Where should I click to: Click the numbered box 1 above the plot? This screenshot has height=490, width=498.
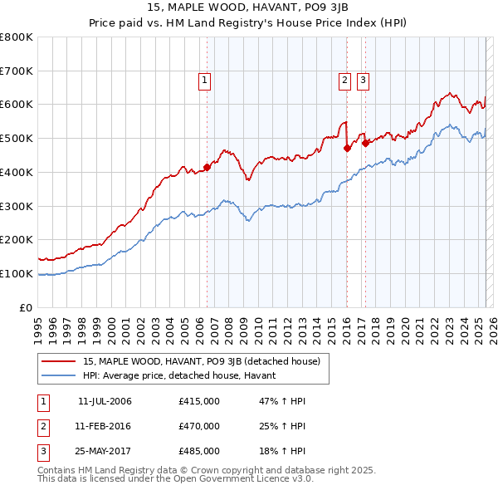203,81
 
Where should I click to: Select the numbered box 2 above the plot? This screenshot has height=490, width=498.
344,81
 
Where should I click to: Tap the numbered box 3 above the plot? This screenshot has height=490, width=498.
364,81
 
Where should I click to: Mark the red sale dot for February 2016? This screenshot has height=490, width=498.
346,149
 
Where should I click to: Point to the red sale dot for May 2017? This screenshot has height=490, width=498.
365,144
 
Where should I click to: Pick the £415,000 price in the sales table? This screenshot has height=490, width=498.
199,401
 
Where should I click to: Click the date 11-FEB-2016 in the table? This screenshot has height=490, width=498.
105,426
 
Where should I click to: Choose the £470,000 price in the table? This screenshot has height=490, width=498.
199,426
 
